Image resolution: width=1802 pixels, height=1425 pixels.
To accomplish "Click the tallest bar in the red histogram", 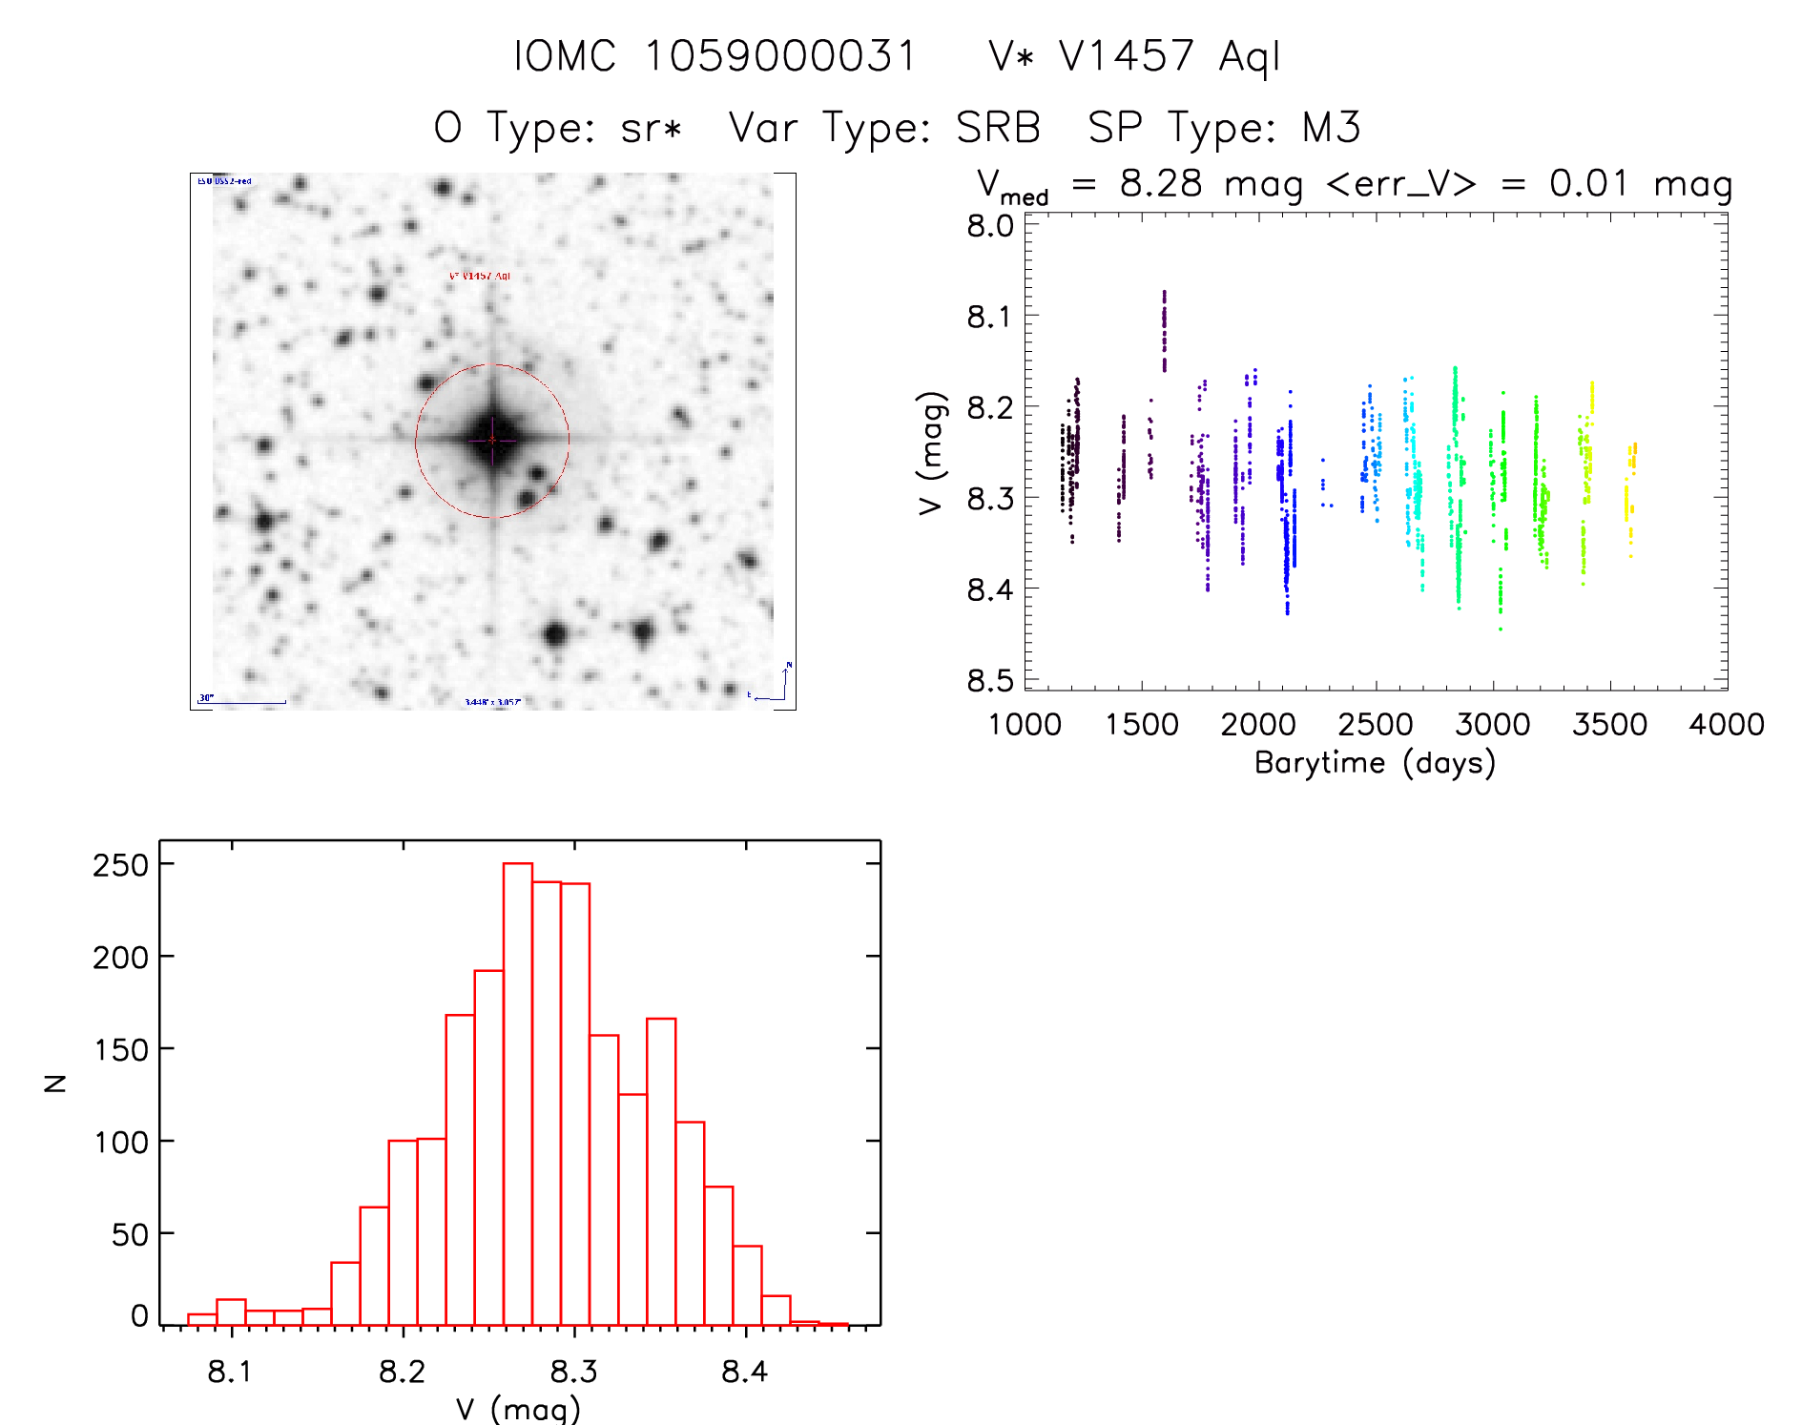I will pos(518,1093).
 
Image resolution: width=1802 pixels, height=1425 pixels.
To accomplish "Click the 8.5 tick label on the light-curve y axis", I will pos(989,681).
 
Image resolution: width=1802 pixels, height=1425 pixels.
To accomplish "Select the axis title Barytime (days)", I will pos(1375,763).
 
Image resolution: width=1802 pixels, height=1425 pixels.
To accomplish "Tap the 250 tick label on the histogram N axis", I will pos(120,865).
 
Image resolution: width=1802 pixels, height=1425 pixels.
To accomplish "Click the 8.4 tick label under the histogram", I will pos(744,1372).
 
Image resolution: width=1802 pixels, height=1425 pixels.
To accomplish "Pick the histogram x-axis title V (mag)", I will pos(518,1409).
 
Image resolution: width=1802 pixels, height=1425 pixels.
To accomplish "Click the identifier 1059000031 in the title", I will pos(780,56).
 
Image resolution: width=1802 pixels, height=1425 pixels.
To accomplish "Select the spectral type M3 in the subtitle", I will pos(1331,128).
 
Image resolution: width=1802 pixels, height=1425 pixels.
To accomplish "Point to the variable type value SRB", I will pos(998,128).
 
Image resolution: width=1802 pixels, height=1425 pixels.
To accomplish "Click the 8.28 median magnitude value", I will pos(1161,183).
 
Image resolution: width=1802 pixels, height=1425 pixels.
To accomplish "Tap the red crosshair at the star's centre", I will pos(492,440).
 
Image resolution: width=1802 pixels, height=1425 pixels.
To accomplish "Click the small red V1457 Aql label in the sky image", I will pos(480,277).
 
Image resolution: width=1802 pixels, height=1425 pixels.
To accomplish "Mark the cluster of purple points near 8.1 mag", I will pos(1164,329).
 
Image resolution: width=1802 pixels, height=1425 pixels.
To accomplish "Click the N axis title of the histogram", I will pos(55,1083).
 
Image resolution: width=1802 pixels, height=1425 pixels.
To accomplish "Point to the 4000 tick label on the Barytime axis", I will pos(1726,725).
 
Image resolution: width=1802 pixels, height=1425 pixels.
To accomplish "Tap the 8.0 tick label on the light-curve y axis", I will pos(989,226).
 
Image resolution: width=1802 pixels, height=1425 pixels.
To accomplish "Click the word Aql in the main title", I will pos(1249,56).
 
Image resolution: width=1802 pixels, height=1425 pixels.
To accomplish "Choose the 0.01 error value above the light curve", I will pos(1588,183).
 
